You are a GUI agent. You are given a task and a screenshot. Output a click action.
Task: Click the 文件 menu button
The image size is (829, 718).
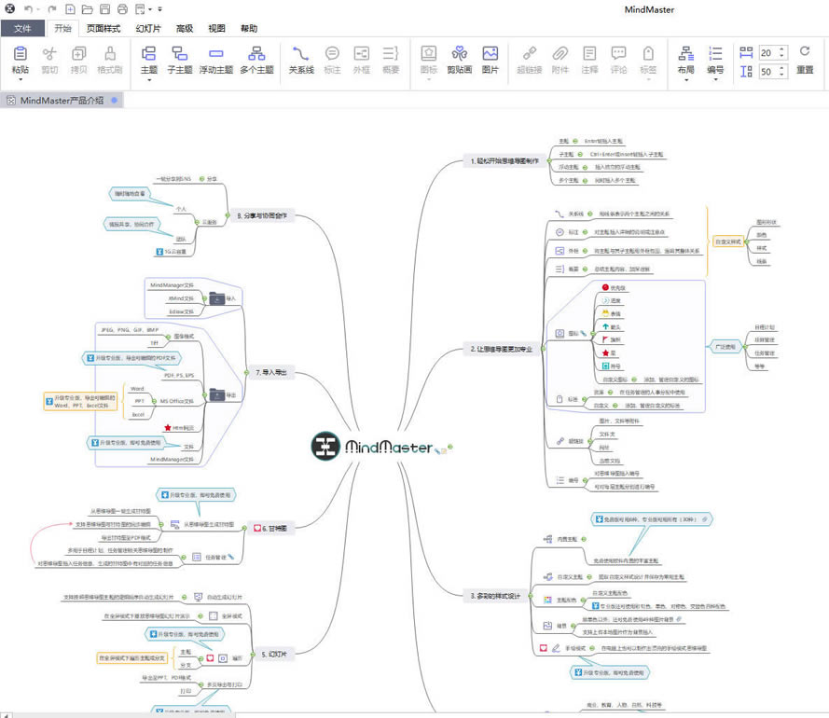tap(23, 28)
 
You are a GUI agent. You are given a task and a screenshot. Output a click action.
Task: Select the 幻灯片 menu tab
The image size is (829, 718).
tap(149, 28)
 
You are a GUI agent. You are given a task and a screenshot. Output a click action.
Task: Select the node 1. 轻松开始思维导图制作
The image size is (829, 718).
tap(504, 160)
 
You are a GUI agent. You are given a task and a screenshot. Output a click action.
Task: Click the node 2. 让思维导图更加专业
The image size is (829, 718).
tap(502, 349)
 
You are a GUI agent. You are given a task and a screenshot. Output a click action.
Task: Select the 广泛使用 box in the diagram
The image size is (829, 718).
tap(725, 346)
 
